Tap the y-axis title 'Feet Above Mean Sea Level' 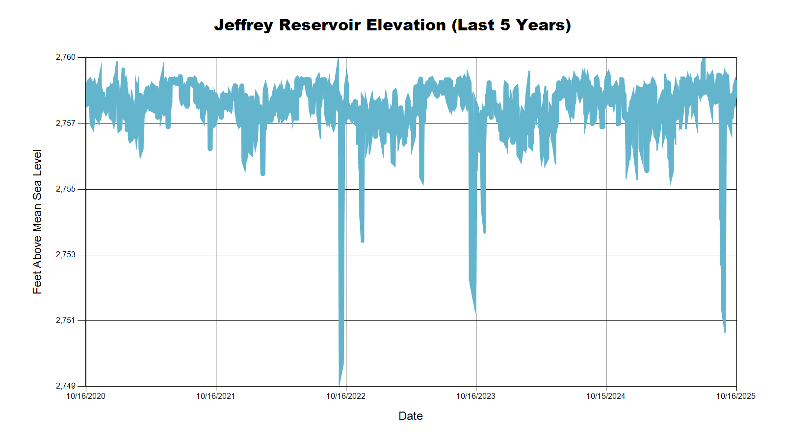click(37, 221)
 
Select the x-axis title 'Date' click(411, 416)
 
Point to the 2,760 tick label click(66, 57)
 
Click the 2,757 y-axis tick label click(66, 123)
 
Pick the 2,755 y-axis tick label click(66, 189)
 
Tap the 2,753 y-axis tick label click(66, 255)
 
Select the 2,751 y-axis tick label click(66, 320)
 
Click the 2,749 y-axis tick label click(66, 386)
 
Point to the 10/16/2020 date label click(86, 396)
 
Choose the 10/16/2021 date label click(216, 396)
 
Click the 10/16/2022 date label click(346, 396)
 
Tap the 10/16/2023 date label click(476, 396)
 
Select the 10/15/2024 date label click(606, 396)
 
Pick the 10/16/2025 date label click(736, 396)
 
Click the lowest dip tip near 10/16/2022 click(340, 384)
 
